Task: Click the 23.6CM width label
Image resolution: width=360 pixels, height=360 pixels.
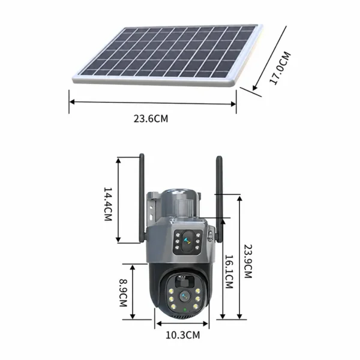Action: click(151, 119)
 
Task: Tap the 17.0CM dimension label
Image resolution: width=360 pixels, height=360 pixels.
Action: click(280, 68)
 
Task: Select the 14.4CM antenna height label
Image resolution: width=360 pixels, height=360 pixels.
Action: click(108, 204)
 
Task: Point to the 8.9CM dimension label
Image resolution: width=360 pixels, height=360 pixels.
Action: click(123, 293)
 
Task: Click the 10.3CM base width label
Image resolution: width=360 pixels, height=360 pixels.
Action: click(183, 335)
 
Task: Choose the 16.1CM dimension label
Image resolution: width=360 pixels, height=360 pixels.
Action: click(229, 272)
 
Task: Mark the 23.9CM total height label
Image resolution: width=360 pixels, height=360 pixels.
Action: click(248, 261)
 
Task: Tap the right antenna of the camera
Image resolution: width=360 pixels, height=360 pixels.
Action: click(220, 199)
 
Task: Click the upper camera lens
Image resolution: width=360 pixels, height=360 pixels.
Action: click(188, 241)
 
